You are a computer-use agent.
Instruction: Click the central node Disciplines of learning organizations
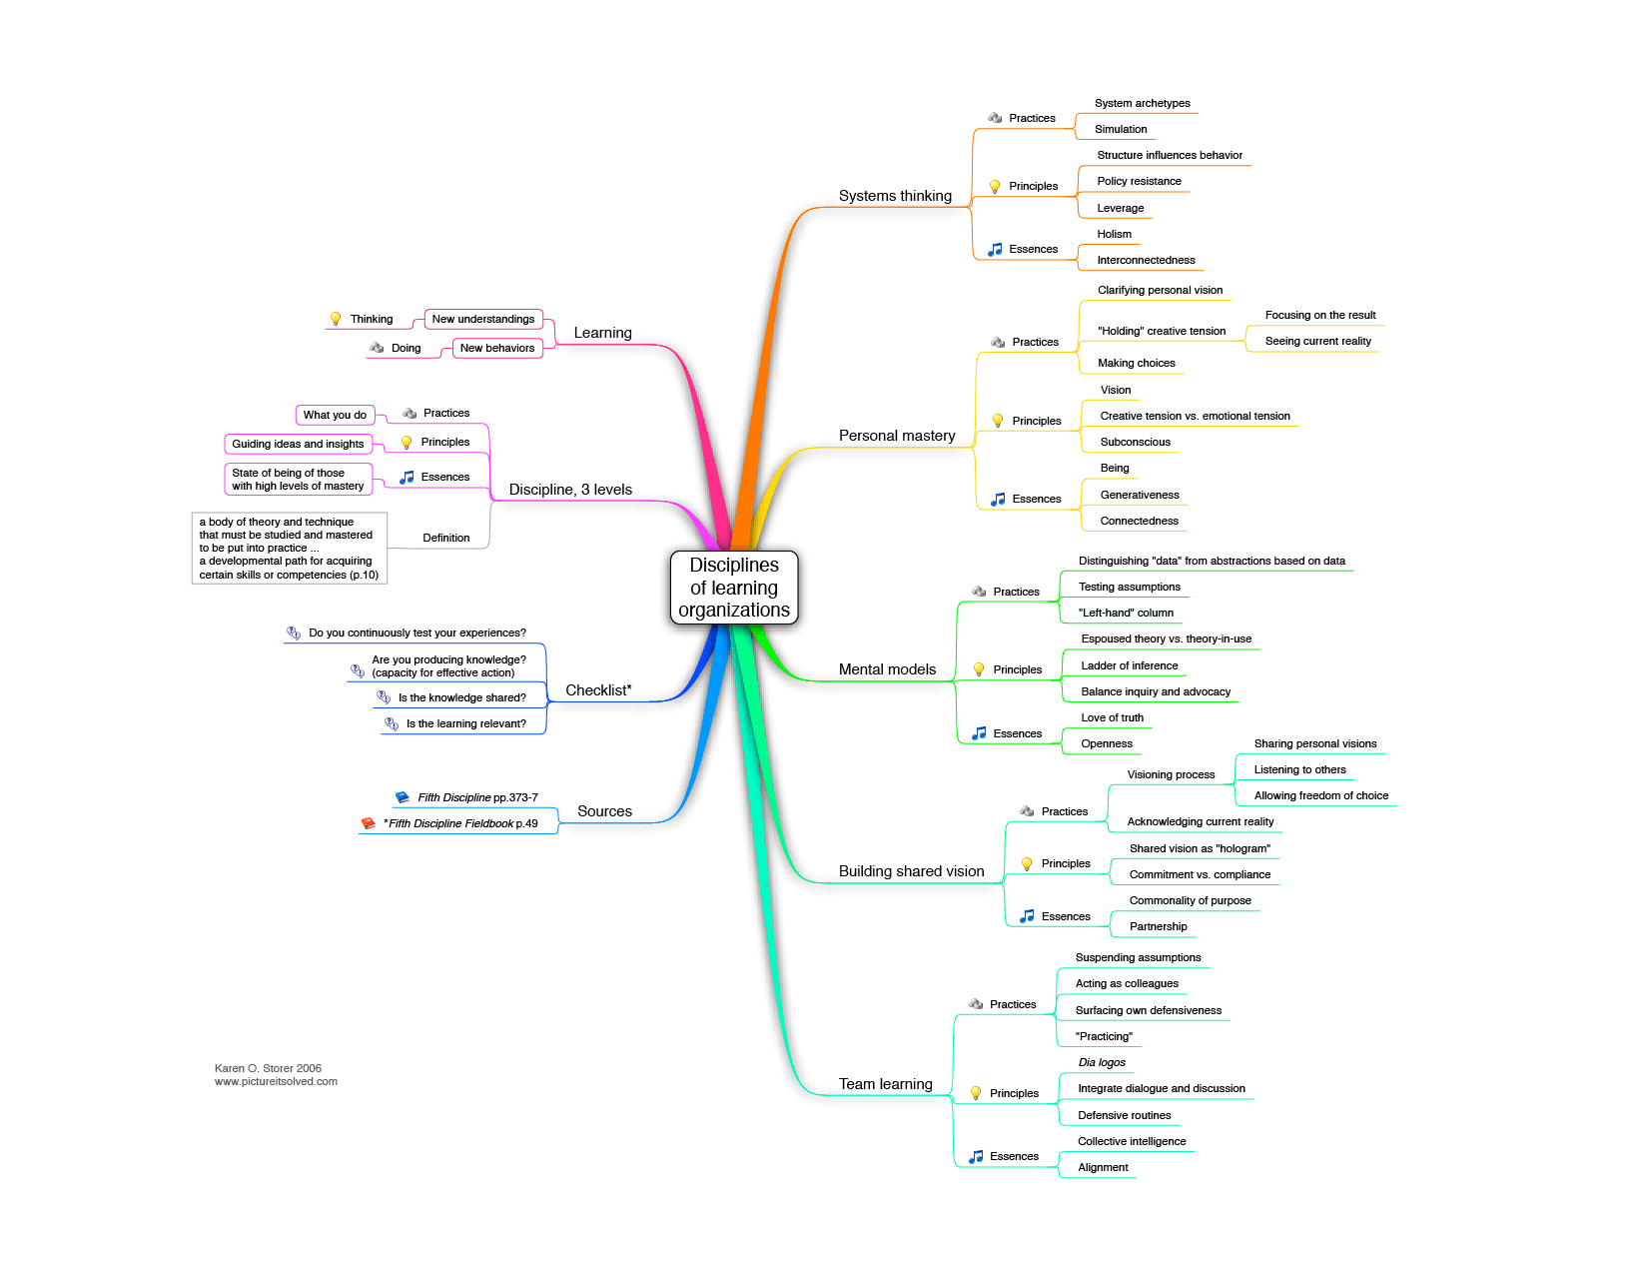click(734, 588)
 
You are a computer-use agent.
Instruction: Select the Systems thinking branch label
click(895, 196)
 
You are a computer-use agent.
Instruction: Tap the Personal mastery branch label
click(897, 436)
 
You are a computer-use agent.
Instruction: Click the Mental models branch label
click(887, 669)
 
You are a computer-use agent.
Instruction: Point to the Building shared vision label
click(911, 871)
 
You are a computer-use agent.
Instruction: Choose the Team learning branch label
click(885, 1084)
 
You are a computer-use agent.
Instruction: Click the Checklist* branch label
click(598, 690)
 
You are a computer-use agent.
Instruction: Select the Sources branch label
click(604, 811)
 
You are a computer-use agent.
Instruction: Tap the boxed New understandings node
click(483, 319)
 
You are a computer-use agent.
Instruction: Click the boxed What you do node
click(335, 415)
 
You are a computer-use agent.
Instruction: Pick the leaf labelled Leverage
click(1120, 208)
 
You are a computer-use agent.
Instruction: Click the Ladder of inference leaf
click(1129, 665)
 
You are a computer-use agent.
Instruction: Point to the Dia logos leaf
click(1102, 1062)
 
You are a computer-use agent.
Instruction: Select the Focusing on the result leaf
click(1319, 315)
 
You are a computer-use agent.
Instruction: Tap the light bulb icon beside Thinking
click(336, 319)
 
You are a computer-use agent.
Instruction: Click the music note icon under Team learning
click(977, 1156)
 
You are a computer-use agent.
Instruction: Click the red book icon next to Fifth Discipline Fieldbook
click(369, 823)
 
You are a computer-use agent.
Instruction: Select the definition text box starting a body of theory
click(289, 548)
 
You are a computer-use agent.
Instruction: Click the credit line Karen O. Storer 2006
click(268, 1068)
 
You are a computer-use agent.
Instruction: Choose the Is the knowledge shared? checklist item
click(461, 697)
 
